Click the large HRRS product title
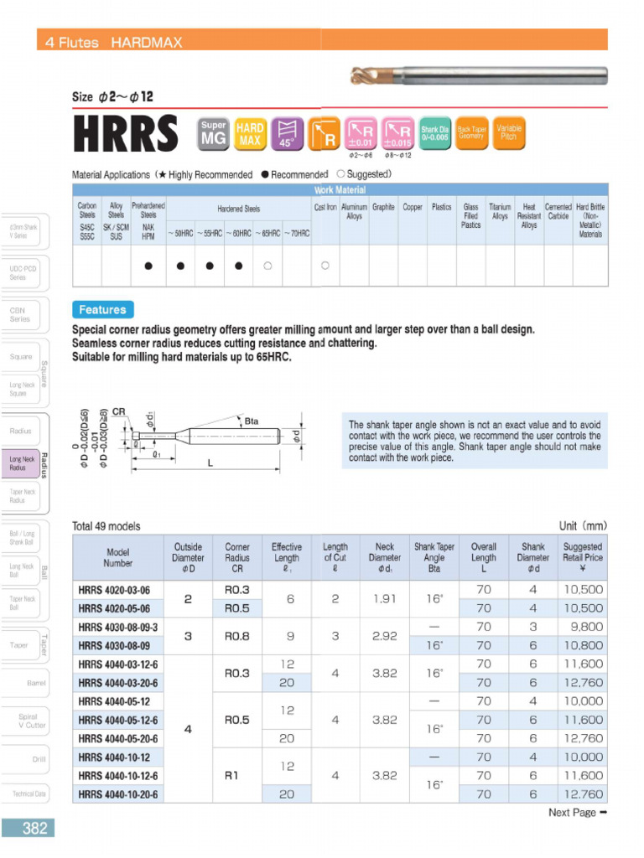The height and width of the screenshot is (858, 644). pos(126,135)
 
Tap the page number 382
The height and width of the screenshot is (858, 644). pos(34,828)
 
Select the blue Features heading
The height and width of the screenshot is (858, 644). pos(102,309)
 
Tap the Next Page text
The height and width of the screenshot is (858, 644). pos(577,812)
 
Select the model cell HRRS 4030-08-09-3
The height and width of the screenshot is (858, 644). pos(118,627)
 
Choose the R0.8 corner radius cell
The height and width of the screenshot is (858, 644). pos(237,636)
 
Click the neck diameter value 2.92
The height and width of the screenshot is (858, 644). pos(384,636)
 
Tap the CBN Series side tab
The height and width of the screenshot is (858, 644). pos(20,314)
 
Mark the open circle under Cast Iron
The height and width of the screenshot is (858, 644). pos(325,266)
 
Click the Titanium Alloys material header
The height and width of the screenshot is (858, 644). pos(500,211)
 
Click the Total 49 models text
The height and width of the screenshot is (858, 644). pos(106,526)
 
